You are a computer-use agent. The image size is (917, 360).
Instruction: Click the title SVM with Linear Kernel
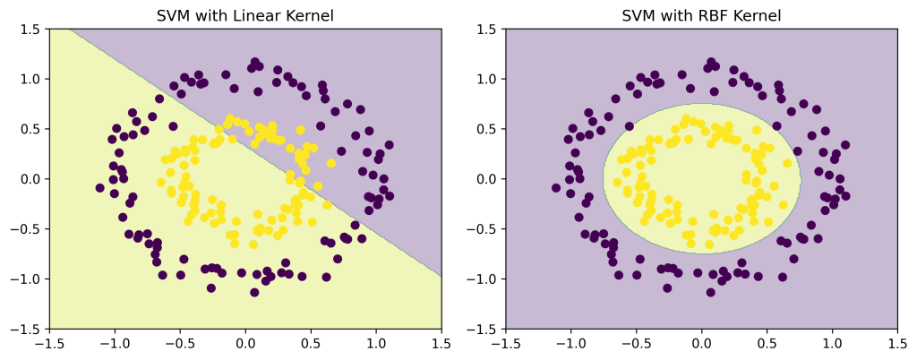point(244,15)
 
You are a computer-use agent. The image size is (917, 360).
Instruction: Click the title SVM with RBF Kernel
point(701,15)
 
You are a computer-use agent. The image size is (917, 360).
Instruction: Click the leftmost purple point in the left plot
point(100,188)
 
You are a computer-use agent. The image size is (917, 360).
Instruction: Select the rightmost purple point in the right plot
point(845,145)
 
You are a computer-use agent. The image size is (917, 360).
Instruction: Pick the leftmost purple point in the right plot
point(557,188)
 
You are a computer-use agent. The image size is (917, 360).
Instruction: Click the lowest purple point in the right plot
point(711,292)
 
